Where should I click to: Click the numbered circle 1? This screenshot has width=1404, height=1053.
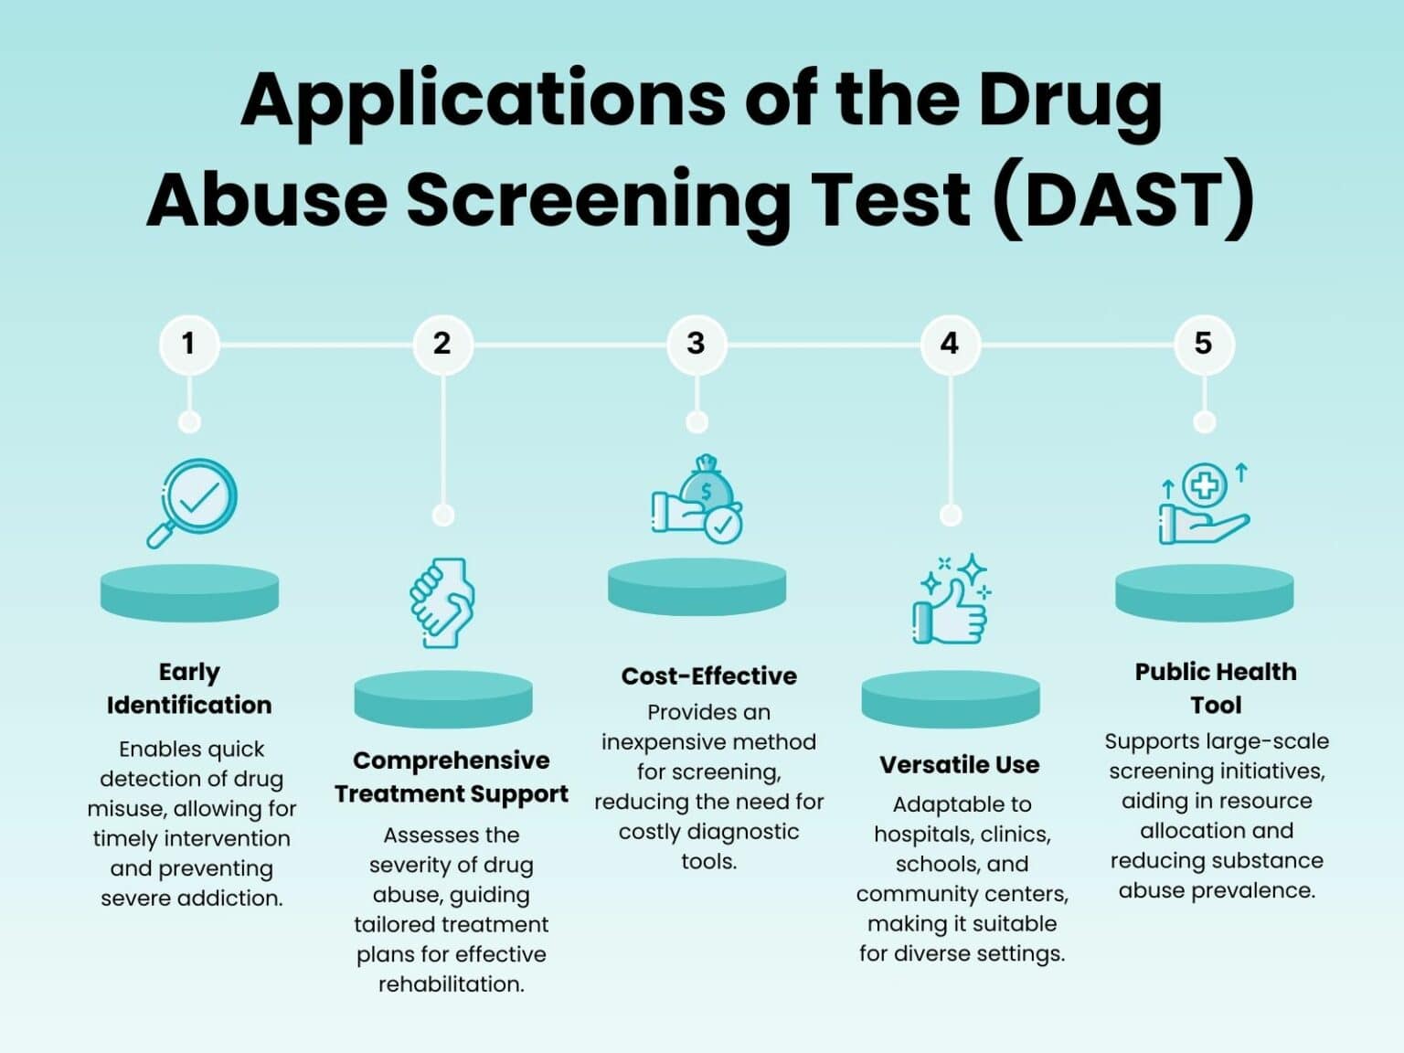tap(189, 345)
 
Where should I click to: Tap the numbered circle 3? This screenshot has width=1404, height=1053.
tap(697, 345)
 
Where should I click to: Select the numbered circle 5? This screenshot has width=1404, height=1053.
tap(1205, 345)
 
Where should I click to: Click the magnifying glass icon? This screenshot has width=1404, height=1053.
tap(191, 503)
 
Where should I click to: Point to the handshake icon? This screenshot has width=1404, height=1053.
tap(442, 603)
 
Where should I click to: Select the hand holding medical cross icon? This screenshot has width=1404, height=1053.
tap(1205, 503)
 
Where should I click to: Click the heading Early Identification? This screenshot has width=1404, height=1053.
tap(189, 688)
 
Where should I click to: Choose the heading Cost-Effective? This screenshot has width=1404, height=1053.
tap(708, 675)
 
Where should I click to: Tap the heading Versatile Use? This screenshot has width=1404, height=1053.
tap(960, 765)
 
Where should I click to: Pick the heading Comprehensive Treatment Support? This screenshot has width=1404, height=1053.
tap(451, 778)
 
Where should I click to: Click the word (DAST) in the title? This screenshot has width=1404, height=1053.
tap(1125, 198)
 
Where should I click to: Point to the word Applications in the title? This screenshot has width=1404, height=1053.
tap(484, 102)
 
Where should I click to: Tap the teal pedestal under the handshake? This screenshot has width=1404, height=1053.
tap(443, 699)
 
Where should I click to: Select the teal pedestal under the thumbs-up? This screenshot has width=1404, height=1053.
tap(951, 699)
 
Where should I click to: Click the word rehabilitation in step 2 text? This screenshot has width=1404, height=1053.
tap(451, 984)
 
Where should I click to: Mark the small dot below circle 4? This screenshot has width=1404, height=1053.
tap(951, 516)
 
